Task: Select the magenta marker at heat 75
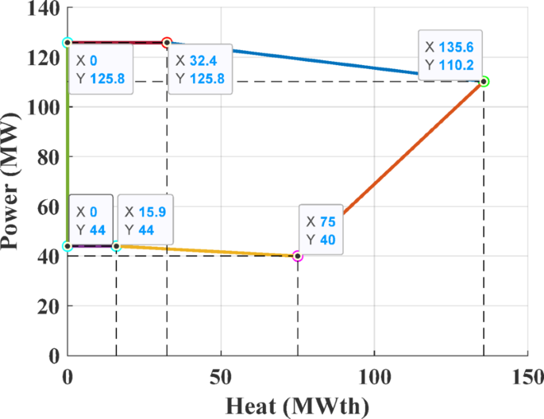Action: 298,256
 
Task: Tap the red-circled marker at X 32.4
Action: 167,42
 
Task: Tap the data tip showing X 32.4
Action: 202,69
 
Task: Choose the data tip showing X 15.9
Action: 146,220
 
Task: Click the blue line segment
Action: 318,60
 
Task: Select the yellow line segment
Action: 206,251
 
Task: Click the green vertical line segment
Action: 68,143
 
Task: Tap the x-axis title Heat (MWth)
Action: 299,405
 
